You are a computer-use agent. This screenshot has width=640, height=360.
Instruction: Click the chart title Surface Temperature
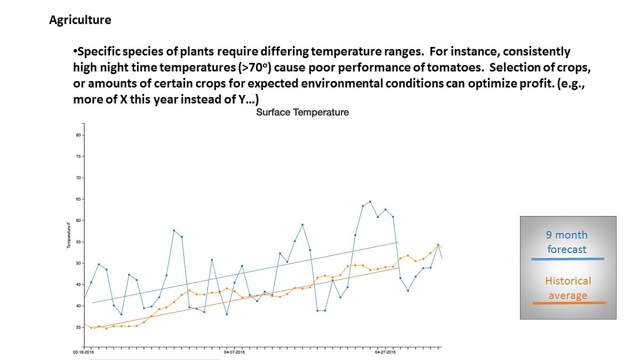[x=302, y=113]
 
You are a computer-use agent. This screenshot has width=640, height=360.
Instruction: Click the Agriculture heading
[x=80, y=20]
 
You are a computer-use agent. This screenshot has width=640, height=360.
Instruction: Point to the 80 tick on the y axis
[x=77, y=135]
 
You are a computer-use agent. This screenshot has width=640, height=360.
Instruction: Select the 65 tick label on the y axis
[x=77, y=199]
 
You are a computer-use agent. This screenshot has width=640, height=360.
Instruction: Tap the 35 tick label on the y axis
[x=77, y=327]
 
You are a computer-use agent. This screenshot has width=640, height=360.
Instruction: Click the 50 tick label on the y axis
[x=77, y=263]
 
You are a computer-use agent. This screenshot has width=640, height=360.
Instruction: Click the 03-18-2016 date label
[x=84, y=353]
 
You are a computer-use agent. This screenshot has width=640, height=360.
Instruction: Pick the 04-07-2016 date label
[x=234, y=353]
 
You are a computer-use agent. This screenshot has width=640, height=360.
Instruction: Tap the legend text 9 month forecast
[x=567, y=242]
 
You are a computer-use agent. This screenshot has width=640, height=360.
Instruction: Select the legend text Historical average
[x=568, y=288]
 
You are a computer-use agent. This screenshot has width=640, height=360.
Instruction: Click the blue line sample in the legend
[x=568, y=259]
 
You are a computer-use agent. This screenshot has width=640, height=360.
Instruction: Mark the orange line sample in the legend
[x=569, y=303]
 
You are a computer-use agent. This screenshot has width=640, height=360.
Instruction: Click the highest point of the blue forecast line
[x=370, y=202]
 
